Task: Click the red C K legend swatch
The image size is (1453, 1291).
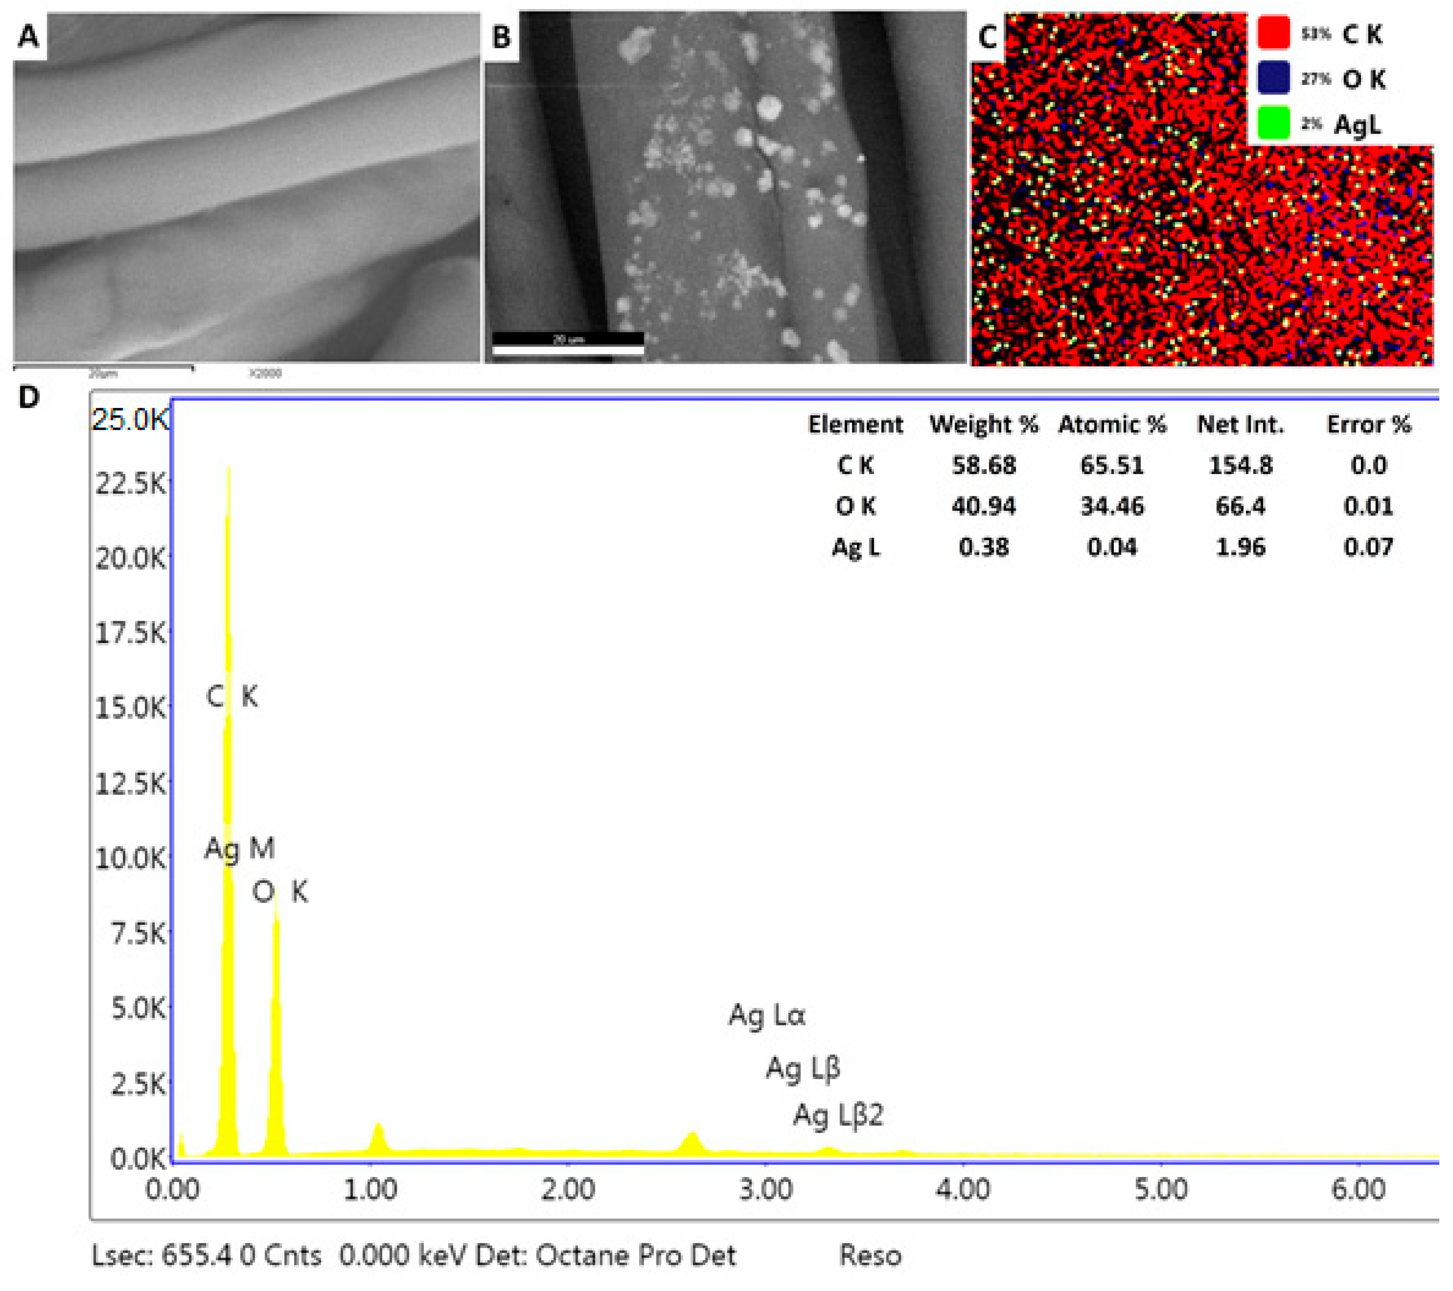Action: (1273, 33)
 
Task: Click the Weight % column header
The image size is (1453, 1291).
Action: (984, 425)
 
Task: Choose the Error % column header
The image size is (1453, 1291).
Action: (1368, 425)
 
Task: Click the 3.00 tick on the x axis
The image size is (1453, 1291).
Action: (766, 1189)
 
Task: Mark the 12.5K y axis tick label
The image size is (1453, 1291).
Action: (130, 784)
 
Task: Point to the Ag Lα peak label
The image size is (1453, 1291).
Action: (767, 1015)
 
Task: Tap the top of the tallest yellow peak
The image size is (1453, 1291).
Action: (228, 468)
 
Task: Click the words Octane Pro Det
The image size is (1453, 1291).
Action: (636, 1255)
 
